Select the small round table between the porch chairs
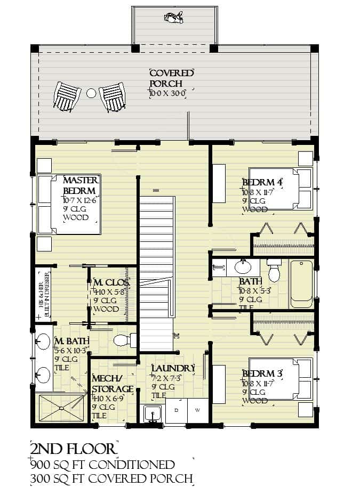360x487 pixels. (x=91, y=93)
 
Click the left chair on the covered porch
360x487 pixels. (x=67, y=96)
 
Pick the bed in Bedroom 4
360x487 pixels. (x=280, y=189)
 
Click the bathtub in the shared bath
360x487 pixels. (x=301, y=283)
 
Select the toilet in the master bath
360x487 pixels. (x=126, y=340)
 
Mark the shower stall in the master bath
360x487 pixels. (x=60, y=408)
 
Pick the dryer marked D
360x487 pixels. (x=176, y=410)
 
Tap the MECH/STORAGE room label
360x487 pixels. (x=112, y=384)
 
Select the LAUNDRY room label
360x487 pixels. (x=173, y=368)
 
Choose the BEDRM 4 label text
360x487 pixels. (x=262, y=183)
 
